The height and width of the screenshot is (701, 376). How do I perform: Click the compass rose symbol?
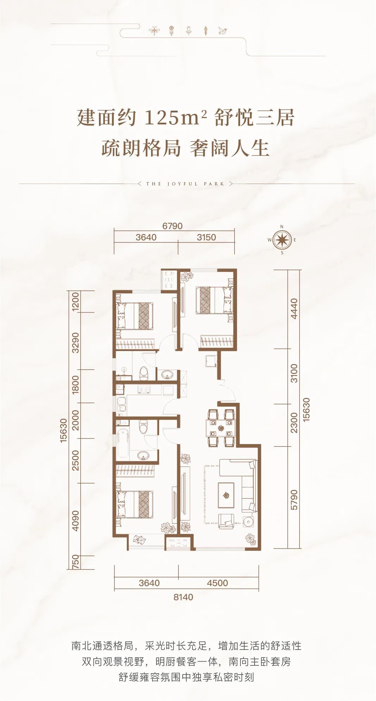coord(282,240)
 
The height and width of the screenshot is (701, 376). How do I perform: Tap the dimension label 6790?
coord(173,226)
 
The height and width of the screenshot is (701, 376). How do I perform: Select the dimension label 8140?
coord(183,597)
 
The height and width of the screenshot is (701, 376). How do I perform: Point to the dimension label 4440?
coord(294,309)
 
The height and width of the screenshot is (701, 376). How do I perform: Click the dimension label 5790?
coord(294,499)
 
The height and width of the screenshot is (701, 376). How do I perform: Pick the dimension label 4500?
coord(218,583)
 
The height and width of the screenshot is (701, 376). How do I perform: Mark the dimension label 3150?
coord(206,237)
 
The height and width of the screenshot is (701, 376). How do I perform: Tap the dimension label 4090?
coord(75,520)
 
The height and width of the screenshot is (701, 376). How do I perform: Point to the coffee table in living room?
coord(226,495)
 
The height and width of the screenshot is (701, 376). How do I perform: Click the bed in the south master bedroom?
coord(135,504)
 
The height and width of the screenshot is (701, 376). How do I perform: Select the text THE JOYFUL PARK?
coord(185,184)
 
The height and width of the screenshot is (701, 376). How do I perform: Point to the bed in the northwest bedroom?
coord(135,316)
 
